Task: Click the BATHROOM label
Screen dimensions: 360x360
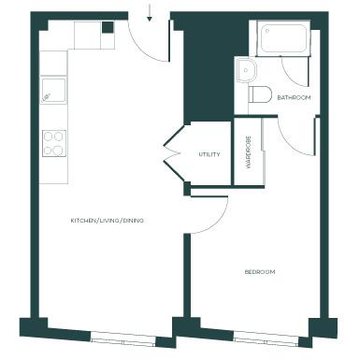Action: coord(294,97)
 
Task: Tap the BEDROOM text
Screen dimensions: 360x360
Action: coord(260,272)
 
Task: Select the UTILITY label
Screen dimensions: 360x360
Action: coord(209,154)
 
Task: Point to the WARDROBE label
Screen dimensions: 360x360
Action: coord(249,152)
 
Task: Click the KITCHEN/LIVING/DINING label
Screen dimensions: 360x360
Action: coord(108,221)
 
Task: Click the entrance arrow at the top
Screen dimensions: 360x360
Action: coord(150,13)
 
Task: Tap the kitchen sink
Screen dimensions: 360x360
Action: coord(53,91)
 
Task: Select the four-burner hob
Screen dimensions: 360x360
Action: coord(54,143)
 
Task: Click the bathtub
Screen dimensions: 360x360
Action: coord(283,38)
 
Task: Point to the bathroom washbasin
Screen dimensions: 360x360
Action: coord(246,70)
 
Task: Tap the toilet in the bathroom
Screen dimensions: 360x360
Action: coord(260,94)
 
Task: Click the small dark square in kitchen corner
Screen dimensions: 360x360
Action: coord(108,27)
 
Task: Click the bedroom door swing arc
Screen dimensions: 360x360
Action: coord(217,222)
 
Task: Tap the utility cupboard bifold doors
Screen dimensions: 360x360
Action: coord(172,152)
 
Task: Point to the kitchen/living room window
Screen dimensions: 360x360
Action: coord(123,338)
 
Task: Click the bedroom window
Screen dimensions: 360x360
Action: coord(266,339)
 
